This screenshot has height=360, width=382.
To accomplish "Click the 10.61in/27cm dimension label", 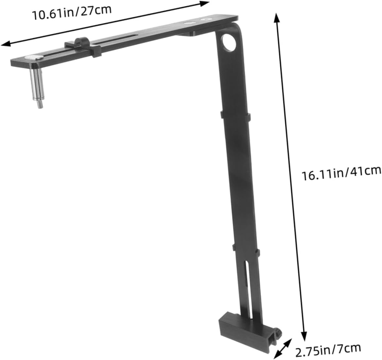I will [x=72, y=12].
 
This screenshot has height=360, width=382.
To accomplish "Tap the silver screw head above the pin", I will [x=34, y=58].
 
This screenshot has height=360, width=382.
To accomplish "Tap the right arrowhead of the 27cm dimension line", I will [x=206, y=3].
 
